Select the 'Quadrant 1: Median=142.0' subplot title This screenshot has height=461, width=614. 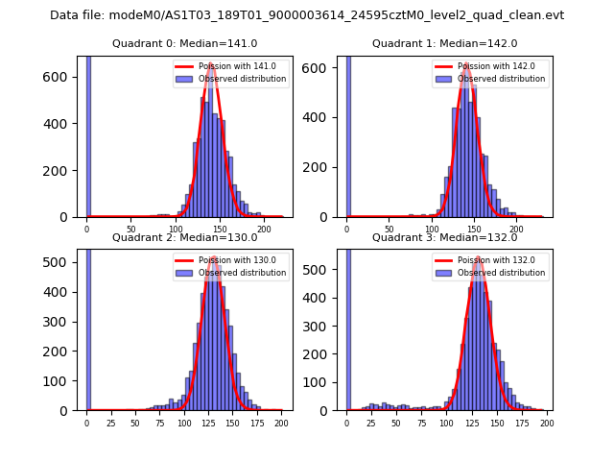point(444,43)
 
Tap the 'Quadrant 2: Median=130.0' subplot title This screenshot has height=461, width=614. point(185,237)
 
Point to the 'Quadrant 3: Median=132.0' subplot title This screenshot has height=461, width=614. point(444,237)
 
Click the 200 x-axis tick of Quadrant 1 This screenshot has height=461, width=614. point(516,229)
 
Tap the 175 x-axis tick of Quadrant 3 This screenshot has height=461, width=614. point(522,422)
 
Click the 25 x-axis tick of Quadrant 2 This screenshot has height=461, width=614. point(110,422)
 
